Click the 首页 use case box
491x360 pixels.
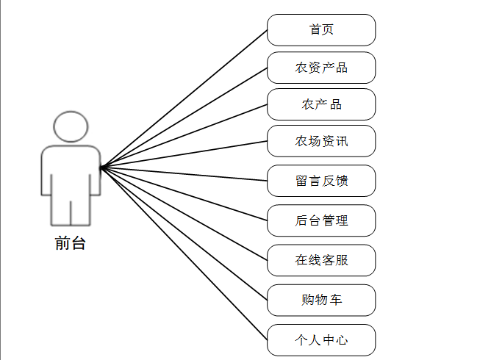(321, 30)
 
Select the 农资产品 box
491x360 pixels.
(321, 68)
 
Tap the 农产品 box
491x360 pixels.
(321, 104)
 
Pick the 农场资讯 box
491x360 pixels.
(321, 141)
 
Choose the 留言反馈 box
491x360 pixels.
(321, 181)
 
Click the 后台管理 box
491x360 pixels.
(321, 220)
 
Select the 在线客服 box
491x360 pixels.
(321, 260)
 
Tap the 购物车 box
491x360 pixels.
(321, 300)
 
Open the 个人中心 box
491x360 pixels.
(321, 339)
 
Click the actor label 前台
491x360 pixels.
(71, 243)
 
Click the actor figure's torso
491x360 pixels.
(71, 173)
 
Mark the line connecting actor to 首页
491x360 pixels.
(184, 99)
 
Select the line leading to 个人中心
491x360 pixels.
(184, 253)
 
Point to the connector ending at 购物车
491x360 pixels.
(184, 234)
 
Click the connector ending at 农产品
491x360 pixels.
(184, 136)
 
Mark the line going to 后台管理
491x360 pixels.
(184, 193)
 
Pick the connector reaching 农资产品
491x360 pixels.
(184, 118)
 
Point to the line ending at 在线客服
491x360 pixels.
(184, 214)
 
